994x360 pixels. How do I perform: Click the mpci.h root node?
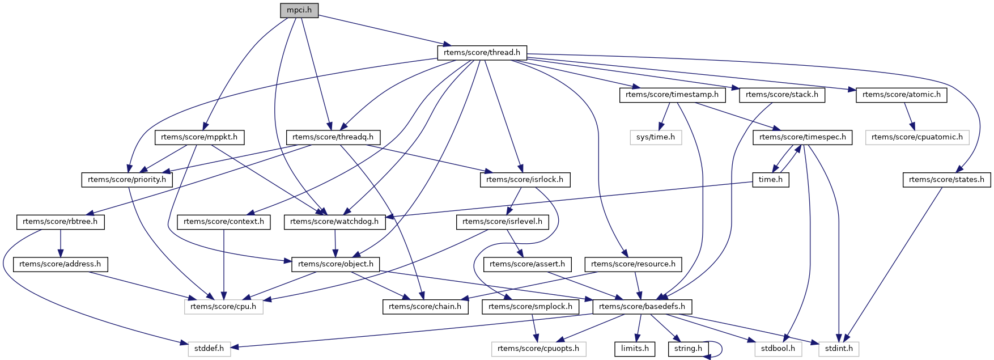(299, 10)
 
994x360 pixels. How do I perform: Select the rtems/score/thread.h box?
(482, 53)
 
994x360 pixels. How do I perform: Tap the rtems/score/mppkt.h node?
(199, 137)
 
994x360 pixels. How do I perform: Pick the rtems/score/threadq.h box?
(333, 137)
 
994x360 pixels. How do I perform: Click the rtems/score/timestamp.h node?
(672, 95)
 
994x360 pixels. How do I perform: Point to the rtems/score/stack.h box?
(782, 95)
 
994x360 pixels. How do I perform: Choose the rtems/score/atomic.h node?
(901, 95)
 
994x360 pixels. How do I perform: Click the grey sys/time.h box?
(655, 137)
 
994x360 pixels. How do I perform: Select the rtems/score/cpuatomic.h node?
(917, 137)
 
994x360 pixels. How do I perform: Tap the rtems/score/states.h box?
(946, 180)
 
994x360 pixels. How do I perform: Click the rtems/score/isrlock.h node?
(525, 180)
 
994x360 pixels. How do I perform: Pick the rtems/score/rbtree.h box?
(60, 222)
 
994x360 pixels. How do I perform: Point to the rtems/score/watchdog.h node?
(334, 222)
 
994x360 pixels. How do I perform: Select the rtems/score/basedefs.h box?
(642, 307)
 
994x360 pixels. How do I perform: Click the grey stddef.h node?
(209, 349)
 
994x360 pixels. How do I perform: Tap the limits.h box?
(635, 349)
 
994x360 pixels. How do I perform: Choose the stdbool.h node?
(779, 349)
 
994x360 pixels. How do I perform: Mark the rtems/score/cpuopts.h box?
(538, 349)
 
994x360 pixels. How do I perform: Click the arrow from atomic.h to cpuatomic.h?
(909, 116)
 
